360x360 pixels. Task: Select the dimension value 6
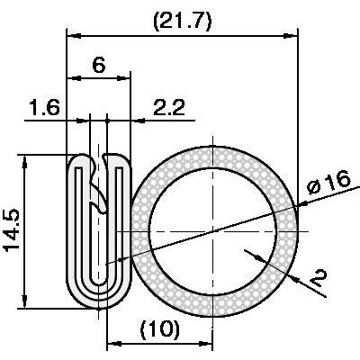point(99,65)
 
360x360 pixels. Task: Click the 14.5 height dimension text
point(12,230)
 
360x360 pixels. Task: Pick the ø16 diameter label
point(328,183)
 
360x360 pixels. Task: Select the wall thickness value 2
point(318,278)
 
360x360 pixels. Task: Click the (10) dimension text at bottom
point(160,328)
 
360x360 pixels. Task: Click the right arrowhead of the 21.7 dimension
point(290,36)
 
